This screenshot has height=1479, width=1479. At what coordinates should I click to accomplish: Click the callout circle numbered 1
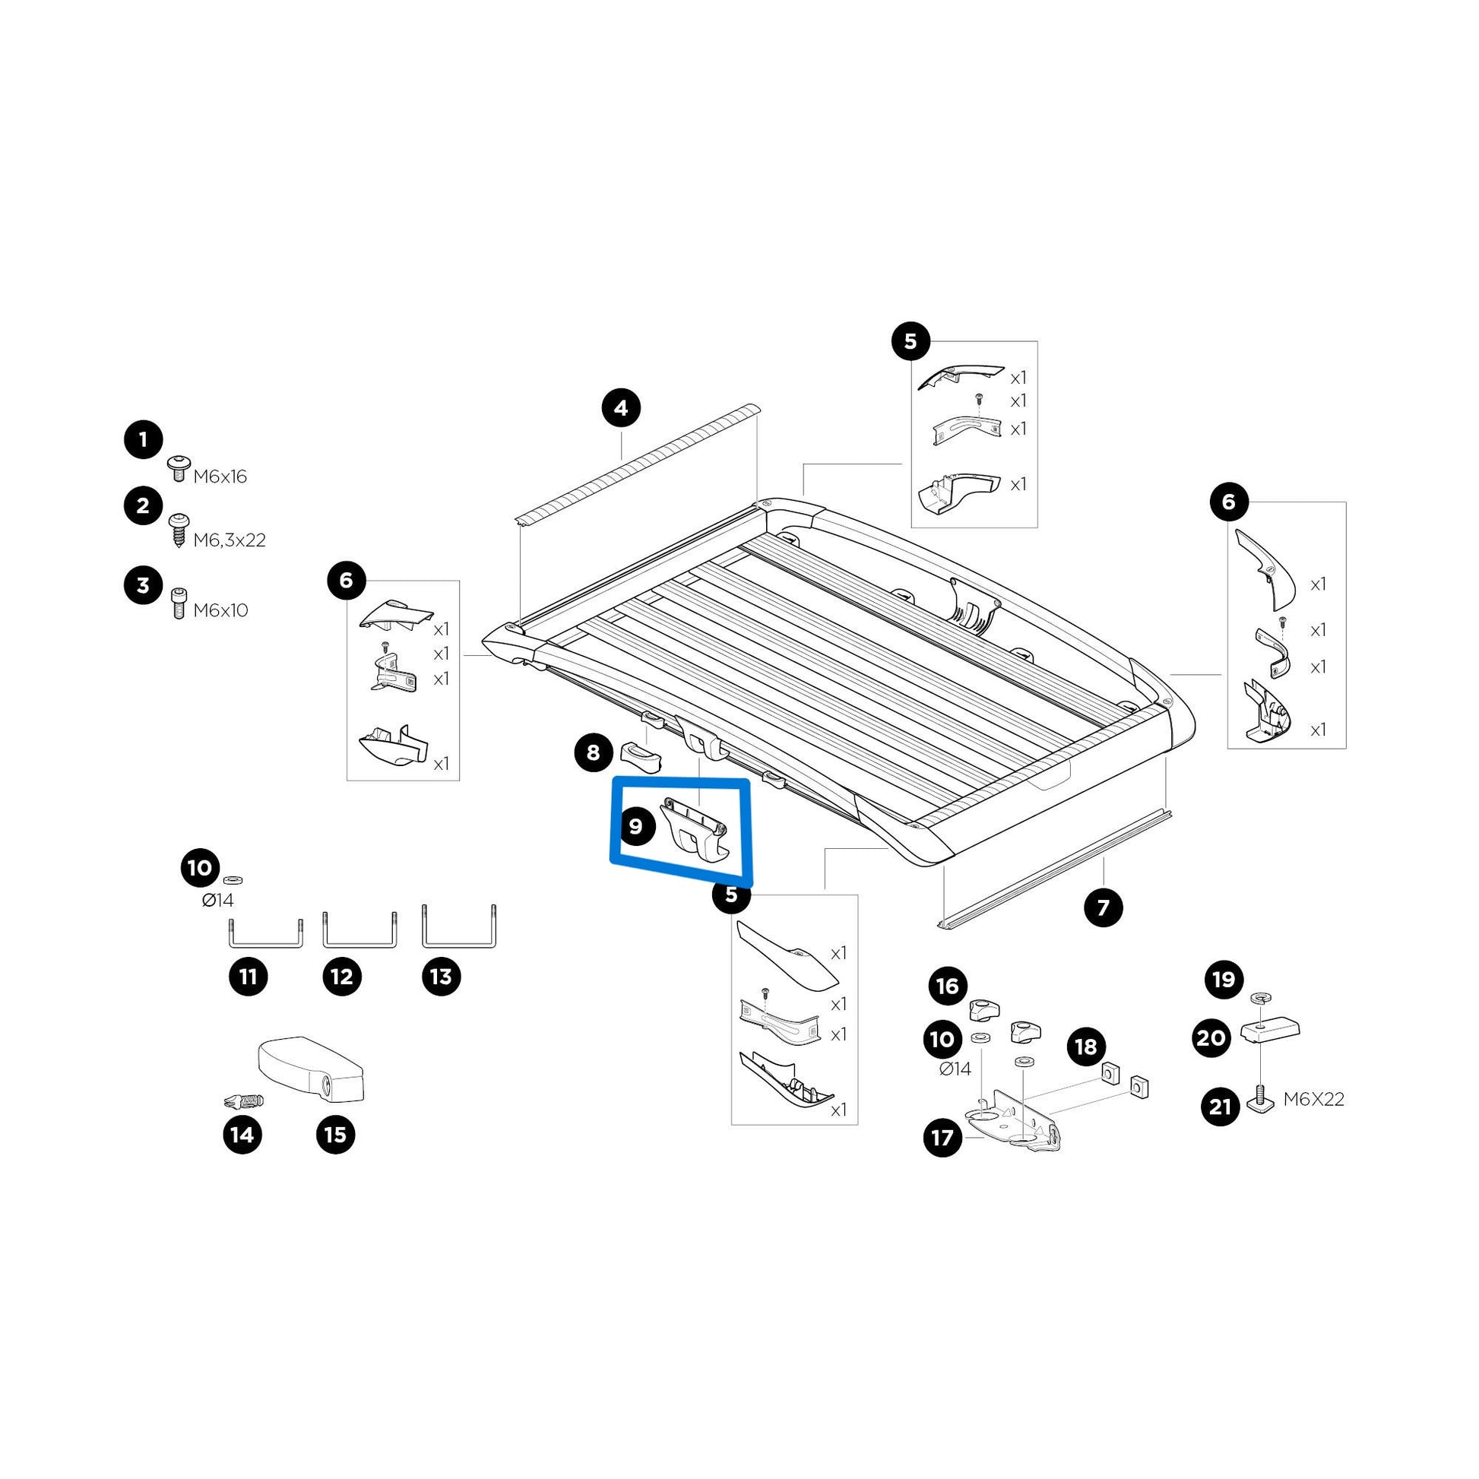coord(143,440)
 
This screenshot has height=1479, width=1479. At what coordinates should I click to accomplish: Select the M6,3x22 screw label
coord(229,540)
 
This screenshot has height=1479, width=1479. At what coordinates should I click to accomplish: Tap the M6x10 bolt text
coord(220,611)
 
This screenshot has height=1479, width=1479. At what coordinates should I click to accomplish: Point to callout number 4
coord(621,408)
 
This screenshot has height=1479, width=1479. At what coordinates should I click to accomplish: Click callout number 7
coord(1103,908)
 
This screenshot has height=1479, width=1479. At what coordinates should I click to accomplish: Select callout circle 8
coord(594,753)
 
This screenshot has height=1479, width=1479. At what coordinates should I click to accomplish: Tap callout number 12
coord(341,977)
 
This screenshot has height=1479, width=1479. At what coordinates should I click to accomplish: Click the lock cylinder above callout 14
coord(242,1101)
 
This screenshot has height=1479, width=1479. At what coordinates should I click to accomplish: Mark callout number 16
coord(948,986)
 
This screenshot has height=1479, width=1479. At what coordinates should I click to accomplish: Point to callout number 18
coord(1086,1047)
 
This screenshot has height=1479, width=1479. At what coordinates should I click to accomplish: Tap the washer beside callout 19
coord(1259,998)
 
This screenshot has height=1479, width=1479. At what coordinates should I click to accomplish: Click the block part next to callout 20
coord(1270,1031)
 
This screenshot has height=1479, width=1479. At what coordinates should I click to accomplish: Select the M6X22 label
coord(1313,1099)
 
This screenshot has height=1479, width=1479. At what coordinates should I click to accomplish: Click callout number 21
coord(1221,1107)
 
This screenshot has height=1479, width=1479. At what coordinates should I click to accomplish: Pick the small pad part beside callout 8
coord(640,756)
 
